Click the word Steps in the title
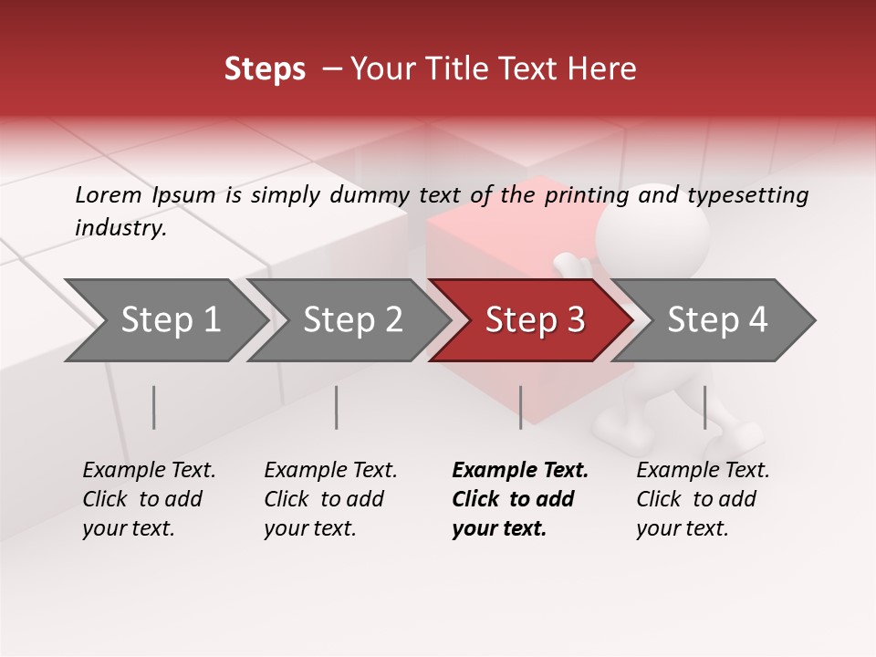265,69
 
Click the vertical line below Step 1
154,407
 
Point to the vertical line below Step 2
337,407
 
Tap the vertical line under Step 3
520,407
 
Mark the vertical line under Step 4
704,407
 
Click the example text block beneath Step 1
149,499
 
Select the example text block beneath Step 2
330,499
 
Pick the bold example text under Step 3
520,499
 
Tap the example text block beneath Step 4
703,499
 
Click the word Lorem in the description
108,194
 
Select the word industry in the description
120,227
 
